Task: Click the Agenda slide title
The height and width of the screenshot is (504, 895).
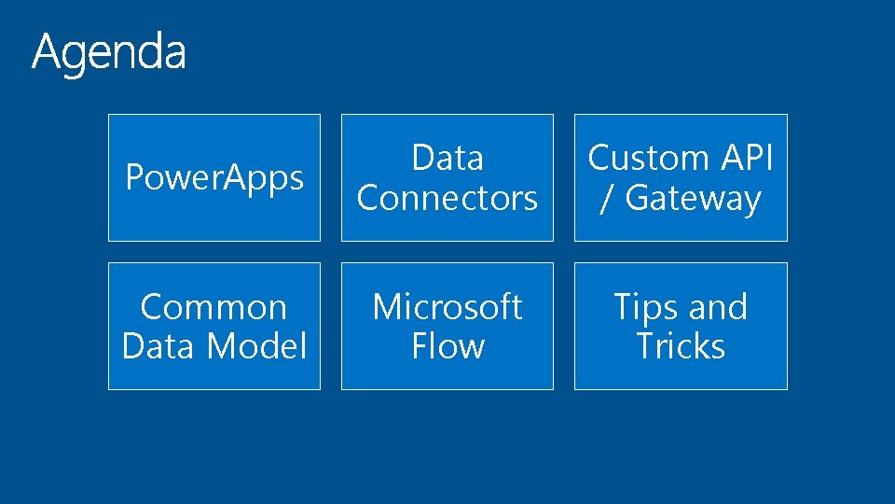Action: pos(109,52)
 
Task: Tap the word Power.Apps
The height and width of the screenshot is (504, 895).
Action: pos(214,177)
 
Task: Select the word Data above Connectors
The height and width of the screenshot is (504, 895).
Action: pos(447,158)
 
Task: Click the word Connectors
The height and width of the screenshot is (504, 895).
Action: pos(447,198)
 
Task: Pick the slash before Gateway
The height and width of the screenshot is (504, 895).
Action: pos(606,199)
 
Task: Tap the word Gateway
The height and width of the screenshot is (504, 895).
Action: pos(693,199)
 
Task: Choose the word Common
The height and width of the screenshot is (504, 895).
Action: pos(213,306)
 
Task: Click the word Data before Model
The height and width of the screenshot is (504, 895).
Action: pos(159,346)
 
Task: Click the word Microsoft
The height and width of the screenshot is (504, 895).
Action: pos(447,306)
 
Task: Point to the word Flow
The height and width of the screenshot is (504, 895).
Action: pos(447,346)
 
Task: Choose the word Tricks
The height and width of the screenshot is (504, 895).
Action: pos(681,346)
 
